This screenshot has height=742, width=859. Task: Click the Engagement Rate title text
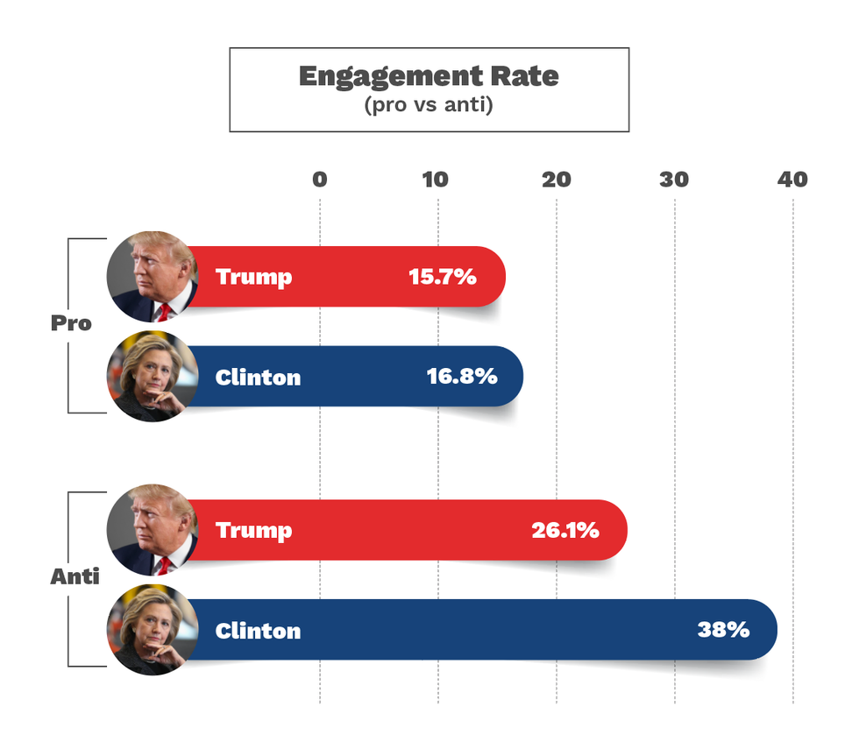tap(429, 76)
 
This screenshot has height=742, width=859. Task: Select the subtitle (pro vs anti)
tap(429, 106)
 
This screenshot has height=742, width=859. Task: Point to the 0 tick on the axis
tap(319, 180)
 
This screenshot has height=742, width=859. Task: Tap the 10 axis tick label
tap(436, 180)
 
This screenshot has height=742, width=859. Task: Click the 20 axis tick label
tap(557, 180)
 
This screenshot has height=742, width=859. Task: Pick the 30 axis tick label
tap(674, 180)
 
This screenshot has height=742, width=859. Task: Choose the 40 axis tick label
tap(792, 180)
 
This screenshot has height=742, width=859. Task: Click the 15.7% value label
tap(443, 277)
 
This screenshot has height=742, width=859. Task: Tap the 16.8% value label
tap(462, 377)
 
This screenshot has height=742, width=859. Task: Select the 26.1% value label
tap(565, 530)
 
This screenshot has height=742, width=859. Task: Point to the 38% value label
tap(723, 630)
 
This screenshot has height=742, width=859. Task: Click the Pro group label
tap(71, 323)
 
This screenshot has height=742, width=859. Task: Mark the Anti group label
tap(75, 577)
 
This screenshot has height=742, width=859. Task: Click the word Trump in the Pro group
tap(253, 277)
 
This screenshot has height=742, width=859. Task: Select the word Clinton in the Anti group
tap(258, 631)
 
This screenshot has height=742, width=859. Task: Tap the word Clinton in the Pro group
tap(258, 378)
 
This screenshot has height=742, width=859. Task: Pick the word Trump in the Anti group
tap(253, 530)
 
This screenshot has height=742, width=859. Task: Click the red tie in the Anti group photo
tap(163, 566)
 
